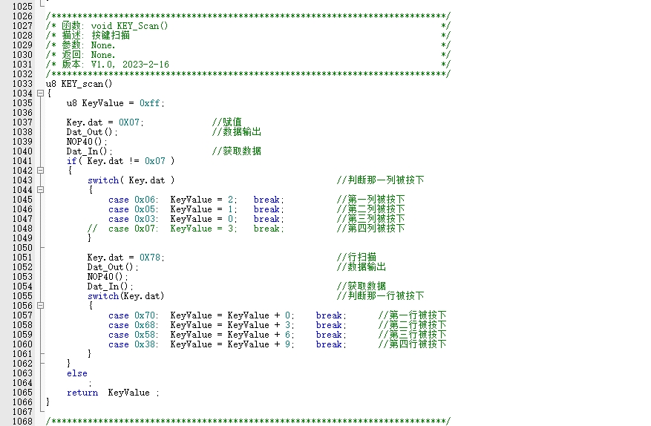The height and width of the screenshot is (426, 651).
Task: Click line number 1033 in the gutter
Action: coord(22,84)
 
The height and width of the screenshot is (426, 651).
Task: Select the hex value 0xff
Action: coord(151,103)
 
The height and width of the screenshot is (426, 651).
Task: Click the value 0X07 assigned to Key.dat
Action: coord(131,122)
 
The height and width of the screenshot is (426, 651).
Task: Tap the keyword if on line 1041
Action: coord(71,161)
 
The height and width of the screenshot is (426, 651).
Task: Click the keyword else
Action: coord(76,373)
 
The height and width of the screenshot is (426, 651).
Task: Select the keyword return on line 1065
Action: coord(82,393)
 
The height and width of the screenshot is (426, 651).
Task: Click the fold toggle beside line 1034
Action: coord(39,94)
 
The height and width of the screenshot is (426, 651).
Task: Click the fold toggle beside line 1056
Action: coord(39,306)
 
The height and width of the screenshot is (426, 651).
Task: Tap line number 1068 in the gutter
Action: coord(22,422)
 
